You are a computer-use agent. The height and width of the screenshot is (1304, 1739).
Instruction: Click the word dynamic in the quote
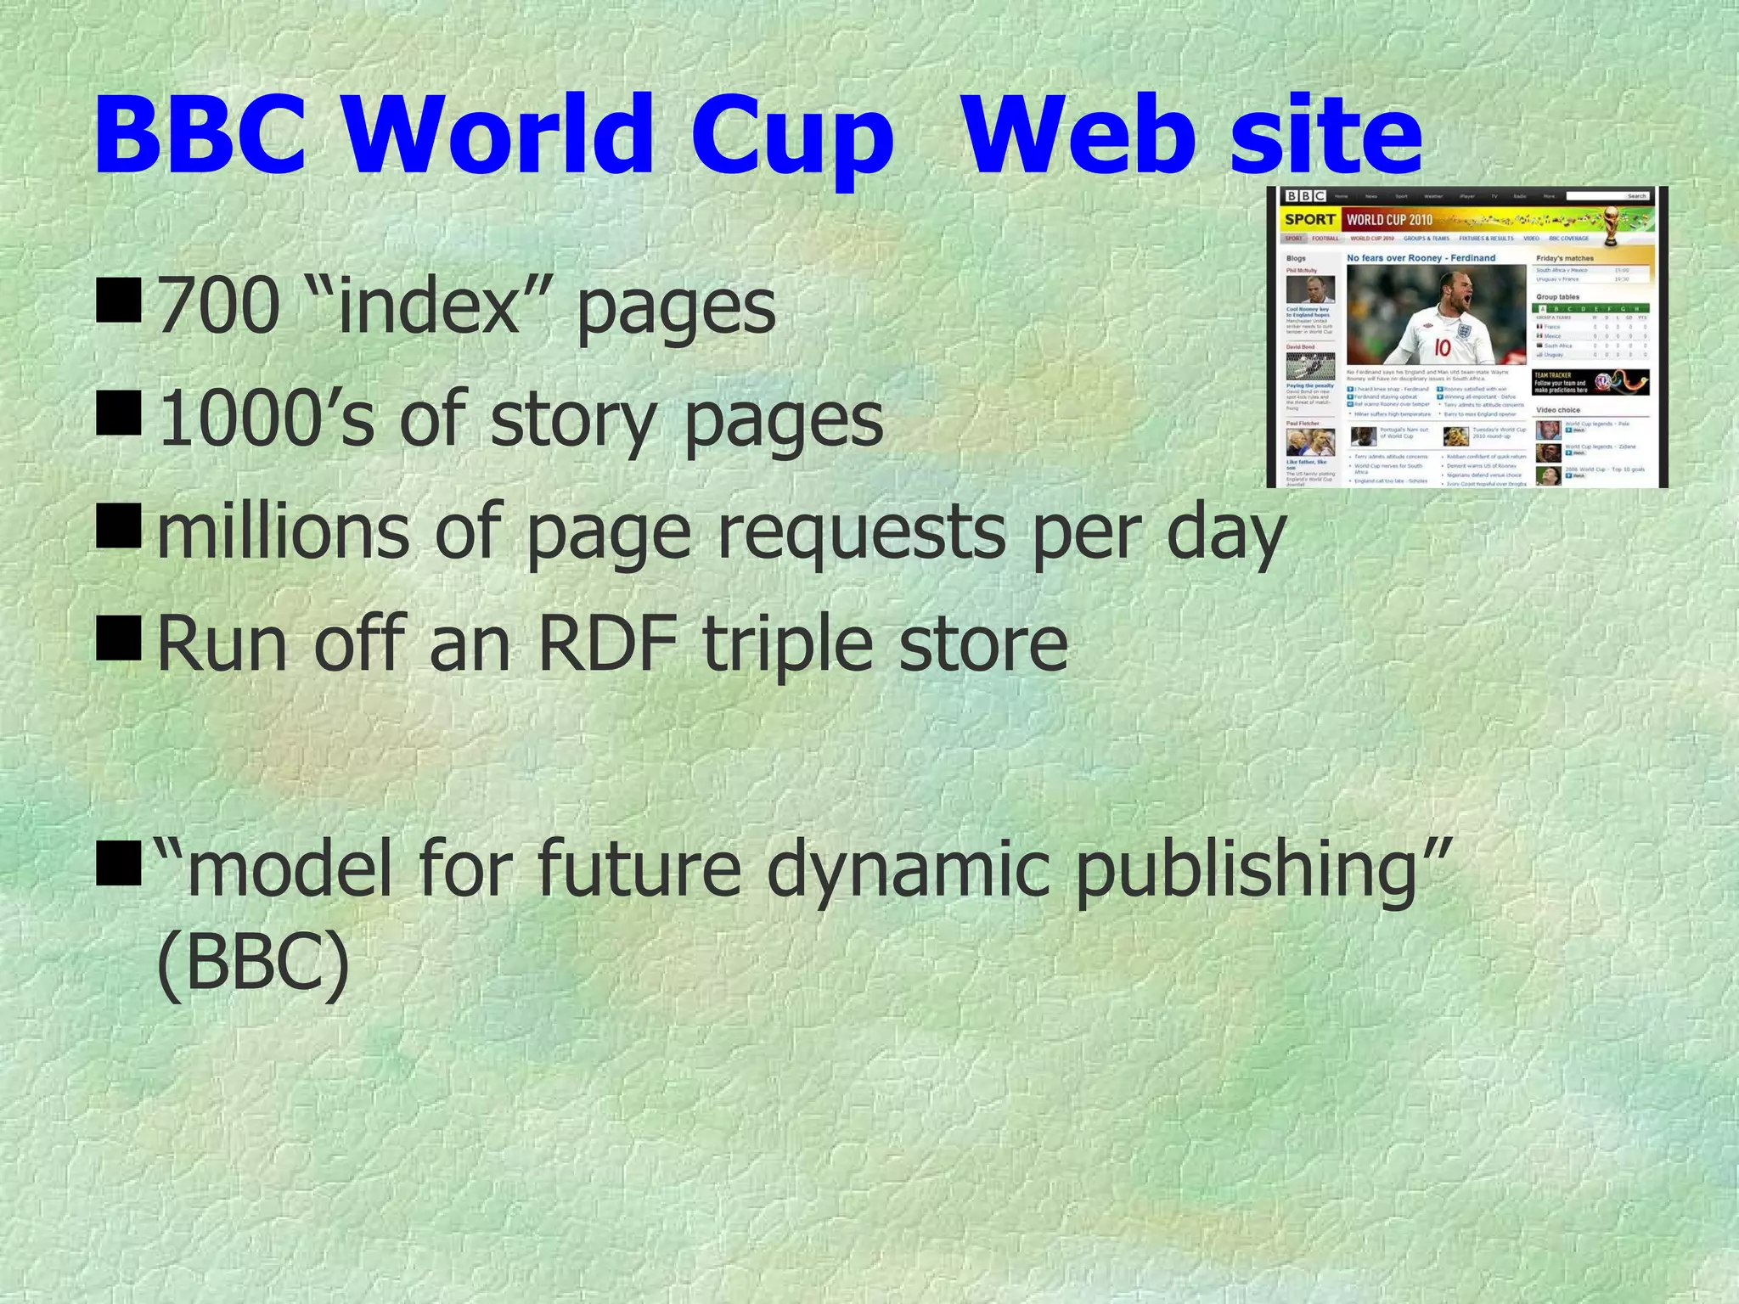pyautogui.click(x=909, y=870)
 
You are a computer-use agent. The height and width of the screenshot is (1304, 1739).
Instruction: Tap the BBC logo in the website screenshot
pyautogui.click(x=1304, y=196)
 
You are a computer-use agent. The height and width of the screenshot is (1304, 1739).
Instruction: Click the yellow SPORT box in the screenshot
pyautogui.click(x=1308, y=220)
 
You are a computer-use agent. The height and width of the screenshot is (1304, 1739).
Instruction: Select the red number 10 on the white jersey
pyautogui.click(x=1443, y=347)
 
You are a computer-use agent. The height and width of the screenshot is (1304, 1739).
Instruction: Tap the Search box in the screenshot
pyautogui.click(x=1607, y=196)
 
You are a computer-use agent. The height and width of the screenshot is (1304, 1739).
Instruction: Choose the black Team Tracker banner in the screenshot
pyautogui.click(x=1590, y=383)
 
